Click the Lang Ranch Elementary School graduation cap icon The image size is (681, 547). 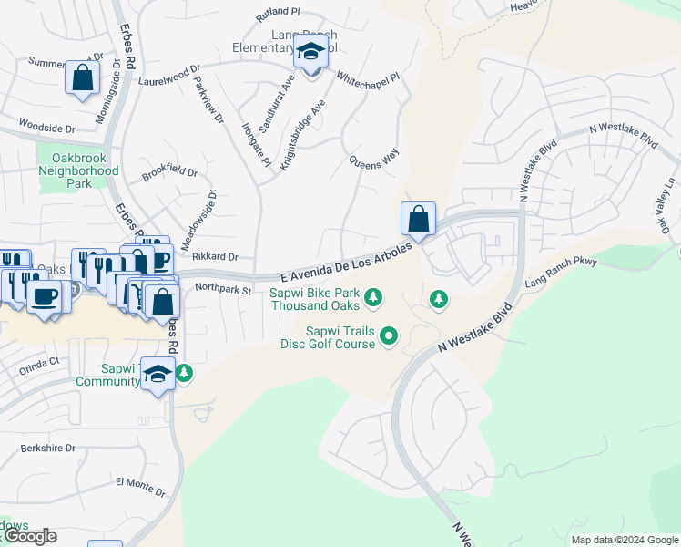(310, 53)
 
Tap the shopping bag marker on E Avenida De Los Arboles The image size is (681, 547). (418, 220)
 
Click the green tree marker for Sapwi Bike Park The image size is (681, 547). (372, 297)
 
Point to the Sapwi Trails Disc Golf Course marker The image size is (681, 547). (389, 336)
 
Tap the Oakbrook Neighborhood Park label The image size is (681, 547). (79, 170)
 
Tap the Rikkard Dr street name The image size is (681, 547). (214, 257)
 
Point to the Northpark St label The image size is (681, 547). (222, 290)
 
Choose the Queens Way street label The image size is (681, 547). (375, 161)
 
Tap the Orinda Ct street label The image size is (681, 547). (39, 361)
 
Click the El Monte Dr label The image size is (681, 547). (140, 486)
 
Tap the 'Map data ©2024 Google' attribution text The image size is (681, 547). (624, 540)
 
